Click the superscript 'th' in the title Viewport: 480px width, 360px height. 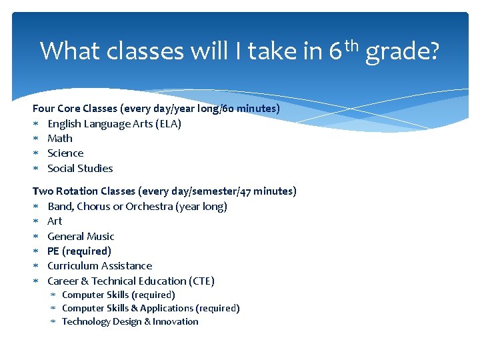tap(353, 43)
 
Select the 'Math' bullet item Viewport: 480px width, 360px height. tap(60, 139)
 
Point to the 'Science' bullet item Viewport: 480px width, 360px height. tap(65, 153)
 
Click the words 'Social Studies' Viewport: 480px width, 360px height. tap(80, 169)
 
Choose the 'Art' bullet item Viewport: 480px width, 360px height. tap(55, 221)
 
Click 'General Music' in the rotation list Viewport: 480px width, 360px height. tap(81, 237)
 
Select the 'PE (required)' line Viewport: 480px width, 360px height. tap(79, 251)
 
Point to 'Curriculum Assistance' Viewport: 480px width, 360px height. tap(99, 266)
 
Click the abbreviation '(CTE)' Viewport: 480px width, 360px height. tap(201, 281)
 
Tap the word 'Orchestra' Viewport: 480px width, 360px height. tap(149, 207)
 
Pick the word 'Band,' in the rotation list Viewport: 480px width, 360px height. tap(61, 207)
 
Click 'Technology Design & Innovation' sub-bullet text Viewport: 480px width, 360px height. tap(130, 322)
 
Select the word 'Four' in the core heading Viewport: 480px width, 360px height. tap(43, 108)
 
